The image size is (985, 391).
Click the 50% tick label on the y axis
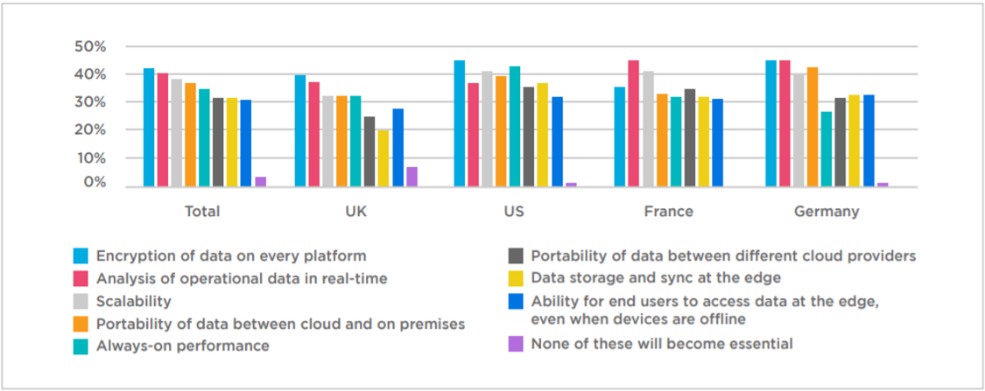[x=90, y=45]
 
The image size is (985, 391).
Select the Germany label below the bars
[x=826, y=212]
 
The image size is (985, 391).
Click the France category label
[x=668, y=212]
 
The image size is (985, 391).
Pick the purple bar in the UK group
[x=412, y=177]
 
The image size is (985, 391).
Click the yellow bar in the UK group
[x=383, y=158]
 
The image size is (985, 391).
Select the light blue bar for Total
[x=149, y=127]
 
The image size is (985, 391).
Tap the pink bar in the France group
[x=633, y=123]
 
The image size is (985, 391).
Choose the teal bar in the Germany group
[x=827, y=149]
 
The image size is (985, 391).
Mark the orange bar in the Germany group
[x=813, y=127]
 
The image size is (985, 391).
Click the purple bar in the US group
[x=571, y=184]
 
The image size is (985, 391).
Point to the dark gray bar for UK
[x=369, y=151]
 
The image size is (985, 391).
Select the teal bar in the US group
[x=515, y=126]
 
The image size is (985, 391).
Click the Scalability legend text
[x=133, y=301]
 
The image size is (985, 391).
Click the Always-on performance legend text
[x=182, y=346]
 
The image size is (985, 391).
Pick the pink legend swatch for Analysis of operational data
[x=80, y=278]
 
